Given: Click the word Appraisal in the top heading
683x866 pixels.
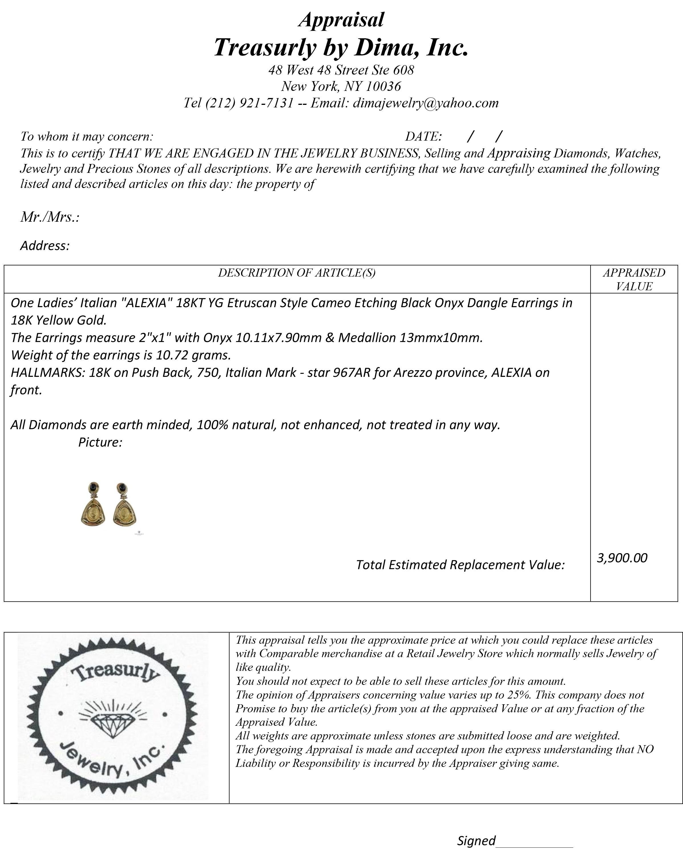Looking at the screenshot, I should click(x=341, y=20).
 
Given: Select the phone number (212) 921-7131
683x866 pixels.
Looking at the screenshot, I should click(x=250, y=103).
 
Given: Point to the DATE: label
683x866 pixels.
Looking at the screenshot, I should click(x=423, y=137).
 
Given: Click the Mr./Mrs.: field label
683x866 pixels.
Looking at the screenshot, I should click(x=50, y=217).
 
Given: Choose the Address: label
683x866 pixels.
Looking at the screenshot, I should click(x=45, y=245).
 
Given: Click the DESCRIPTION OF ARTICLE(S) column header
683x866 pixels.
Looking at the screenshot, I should click(x=296, y=273).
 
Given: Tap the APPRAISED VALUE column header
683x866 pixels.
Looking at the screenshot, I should click(x=634, y=279).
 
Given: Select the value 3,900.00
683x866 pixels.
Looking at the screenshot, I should click(x=622, y=558).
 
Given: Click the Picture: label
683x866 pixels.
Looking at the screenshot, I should click(x=100, y=442).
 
